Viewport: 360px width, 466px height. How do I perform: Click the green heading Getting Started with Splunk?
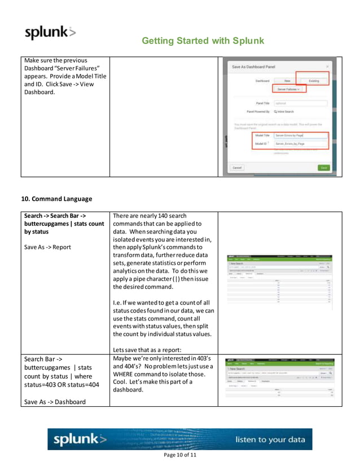pos(203,41)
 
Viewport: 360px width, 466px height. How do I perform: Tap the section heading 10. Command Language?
pos(56,199)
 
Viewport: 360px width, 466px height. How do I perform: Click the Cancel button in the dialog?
pos(238,168)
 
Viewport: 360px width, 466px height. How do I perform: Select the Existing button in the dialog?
pos(314,81)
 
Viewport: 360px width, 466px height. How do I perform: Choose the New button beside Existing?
pos(287,81)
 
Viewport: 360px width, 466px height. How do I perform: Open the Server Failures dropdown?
pos(290,89)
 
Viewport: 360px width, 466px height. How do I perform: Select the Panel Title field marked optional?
pos(291,103)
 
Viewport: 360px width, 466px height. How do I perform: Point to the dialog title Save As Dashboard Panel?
pos(254,67)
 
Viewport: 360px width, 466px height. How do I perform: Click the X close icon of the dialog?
pos(328,67)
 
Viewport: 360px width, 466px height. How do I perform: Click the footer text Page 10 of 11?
pos(179,455)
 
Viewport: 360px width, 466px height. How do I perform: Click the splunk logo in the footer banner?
pos(80,439)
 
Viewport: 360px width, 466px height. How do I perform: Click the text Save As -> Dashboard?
pos(54,402)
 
